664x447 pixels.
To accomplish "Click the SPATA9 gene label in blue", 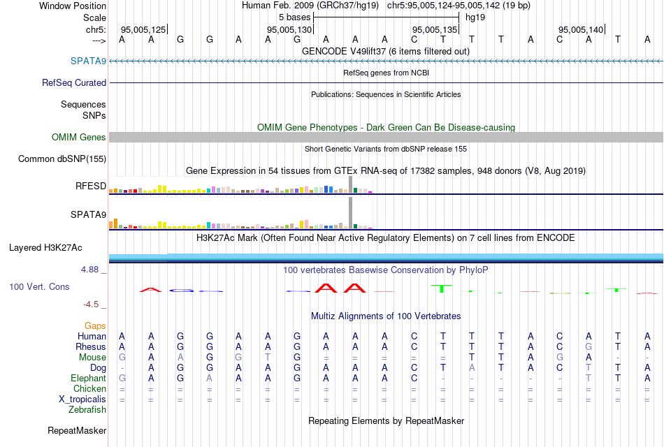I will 88,61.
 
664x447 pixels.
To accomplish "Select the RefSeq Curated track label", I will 74,82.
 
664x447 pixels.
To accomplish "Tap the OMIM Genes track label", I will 79,137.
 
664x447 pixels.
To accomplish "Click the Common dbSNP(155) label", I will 62,159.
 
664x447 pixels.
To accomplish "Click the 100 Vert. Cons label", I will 39,286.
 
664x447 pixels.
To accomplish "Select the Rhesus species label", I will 91,346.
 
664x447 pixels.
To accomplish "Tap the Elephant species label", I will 88,378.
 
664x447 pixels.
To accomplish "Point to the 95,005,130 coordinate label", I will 289,29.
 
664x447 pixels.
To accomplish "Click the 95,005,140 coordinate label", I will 580,29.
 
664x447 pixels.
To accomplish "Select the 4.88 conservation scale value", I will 92,269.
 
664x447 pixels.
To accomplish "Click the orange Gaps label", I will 95,325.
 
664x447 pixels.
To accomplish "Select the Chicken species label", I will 89,388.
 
